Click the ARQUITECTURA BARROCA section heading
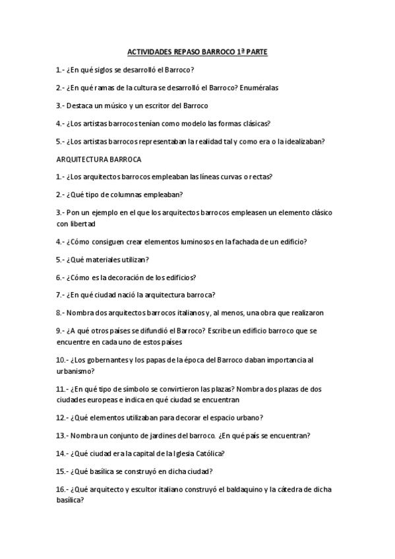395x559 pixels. point(99,159)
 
